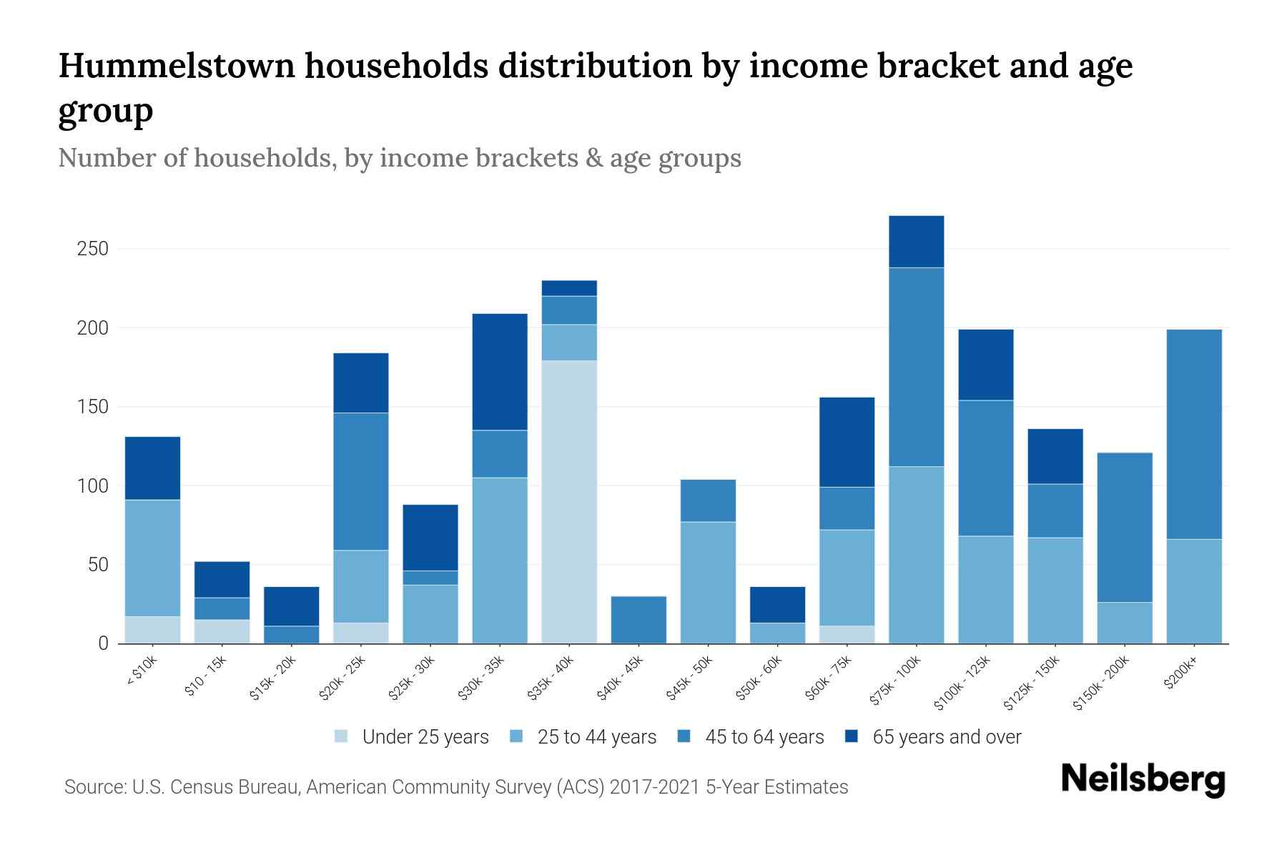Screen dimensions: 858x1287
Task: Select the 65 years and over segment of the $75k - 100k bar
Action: tap(916, 242)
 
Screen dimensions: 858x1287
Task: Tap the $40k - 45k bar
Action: tap(638, 620)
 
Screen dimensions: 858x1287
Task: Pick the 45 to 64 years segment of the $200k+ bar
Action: tap(1193, 434)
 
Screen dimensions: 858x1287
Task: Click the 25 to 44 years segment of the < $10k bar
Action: tap(152, 558)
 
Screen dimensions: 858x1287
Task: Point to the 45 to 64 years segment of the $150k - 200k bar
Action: tap(1124, 528)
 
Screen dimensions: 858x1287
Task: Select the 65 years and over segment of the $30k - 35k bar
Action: tap(500, 372)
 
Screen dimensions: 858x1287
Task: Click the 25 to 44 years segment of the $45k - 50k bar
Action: tap(708, 583)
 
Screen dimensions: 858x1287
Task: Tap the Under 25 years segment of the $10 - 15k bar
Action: tap(222, 631)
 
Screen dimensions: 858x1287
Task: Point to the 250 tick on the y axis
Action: tap(93, 249)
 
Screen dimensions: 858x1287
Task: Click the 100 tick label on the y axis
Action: tap(93, 486)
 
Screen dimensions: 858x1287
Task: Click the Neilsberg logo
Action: tap(1143, 779)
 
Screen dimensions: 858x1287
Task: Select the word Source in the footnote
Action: tap(93, 787)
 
